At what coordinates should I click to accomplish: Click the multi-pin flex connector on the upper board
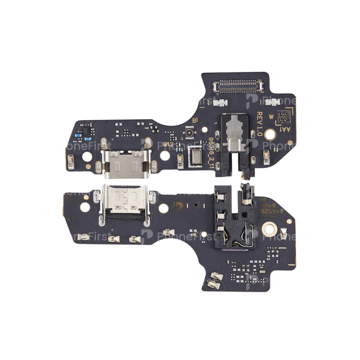pyautogui.click(x=238, y=86)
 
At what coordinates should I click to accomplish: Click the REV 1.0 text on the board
pyautogui.click(x=259, y=123)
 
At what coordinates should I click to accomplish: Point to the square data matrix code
pyautogui.click(x=284, y=117)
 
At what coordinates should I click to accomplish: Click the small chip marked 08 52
pyautogui.click(x=85, y=130)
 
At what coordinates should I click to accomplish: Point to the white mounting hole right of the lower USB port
pyautogui.click(x=164, y=208)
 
